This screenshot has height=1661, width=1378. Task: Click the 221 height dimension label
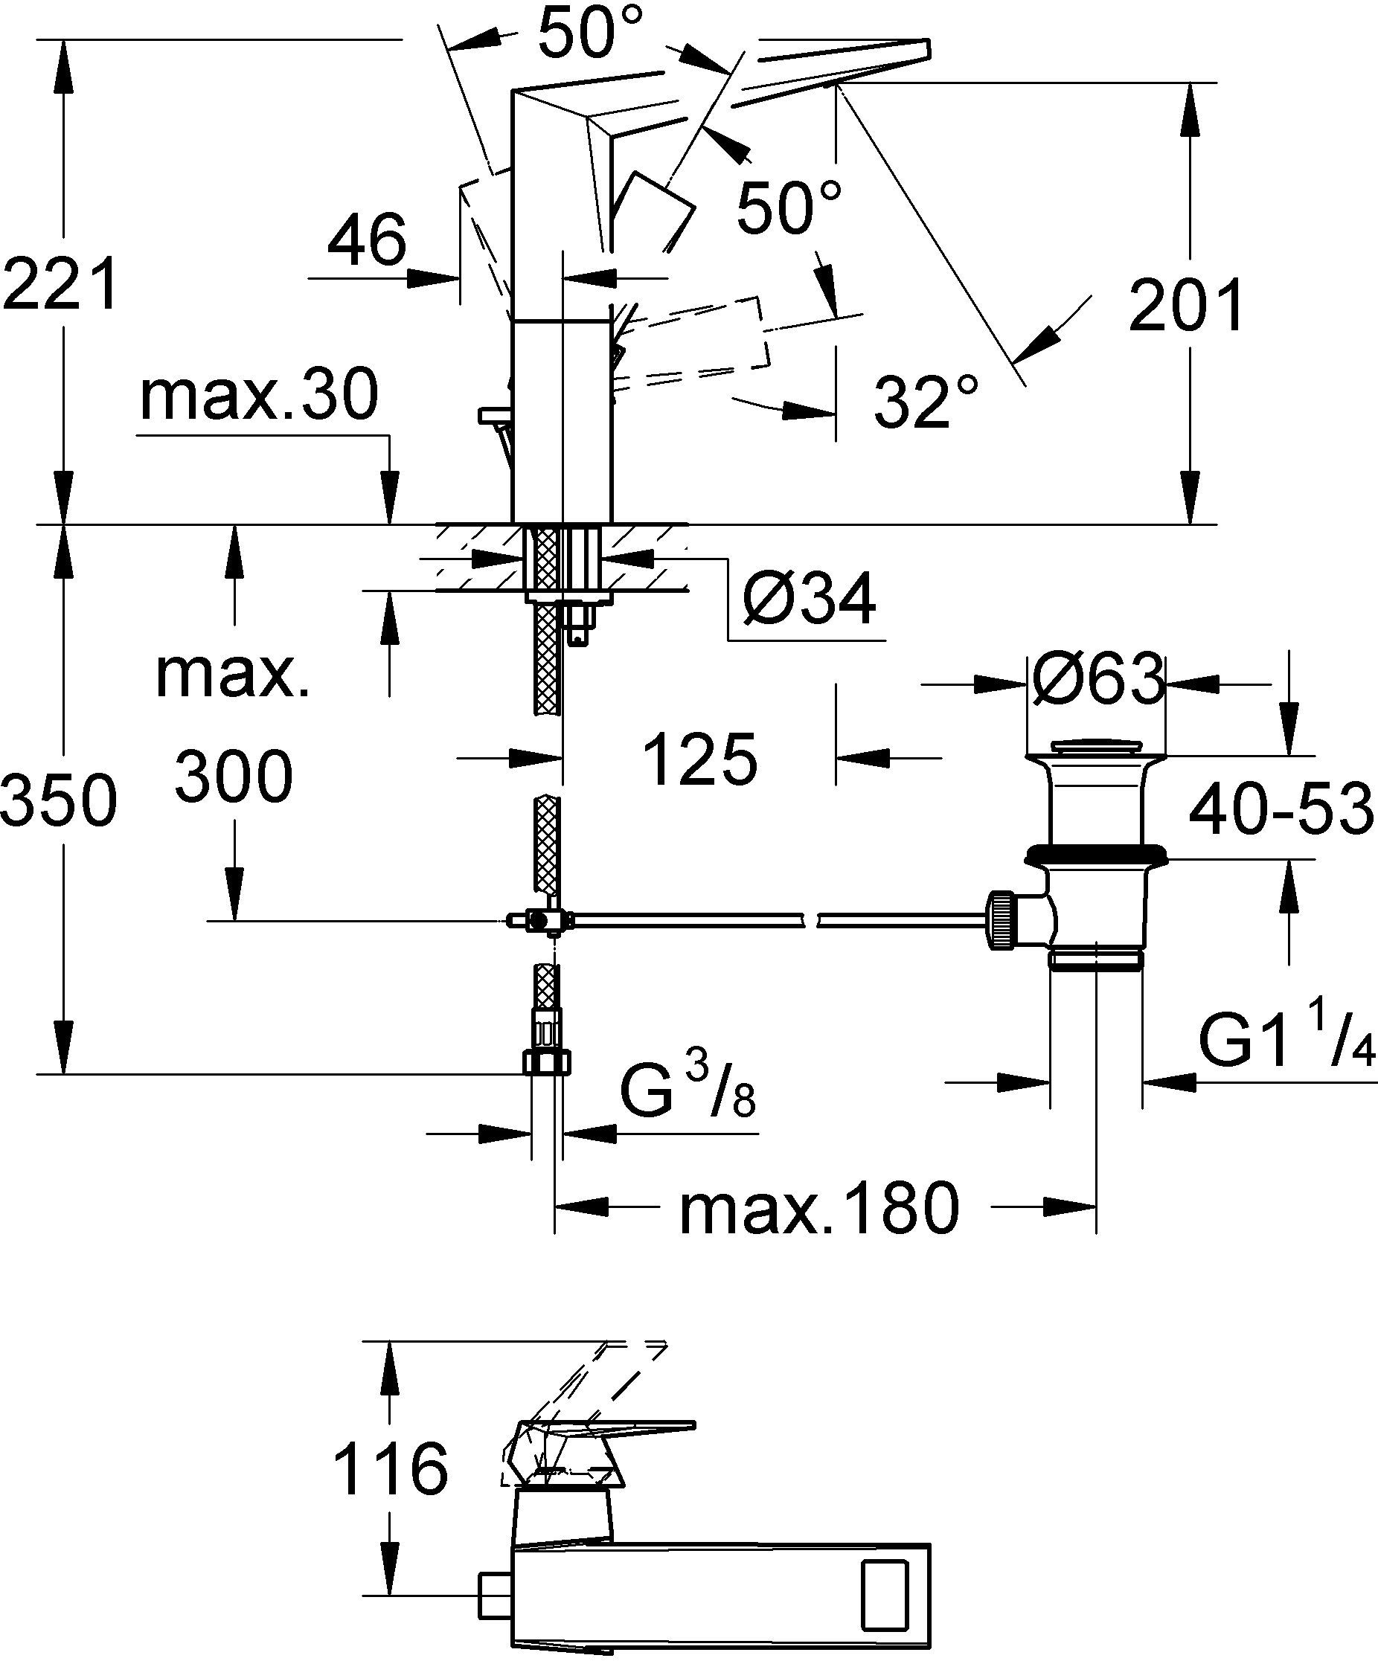click(x=61, y=283)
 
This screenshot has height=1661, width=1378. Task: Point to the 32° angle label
click(x=926, y=401)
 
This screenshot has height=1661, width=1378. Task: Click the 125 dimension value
click(x=699, y=760)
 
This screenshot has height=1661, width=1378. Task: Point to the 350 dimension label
click(x=59, y=800)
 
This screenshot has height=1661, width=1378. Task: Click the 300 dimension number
click(x=234, y=777)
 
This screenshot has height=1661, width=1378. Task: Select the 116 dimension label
click(x=390, y=1470)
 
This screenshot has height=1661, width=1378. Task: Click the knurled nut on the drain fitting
click(x=1001, y=919)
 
